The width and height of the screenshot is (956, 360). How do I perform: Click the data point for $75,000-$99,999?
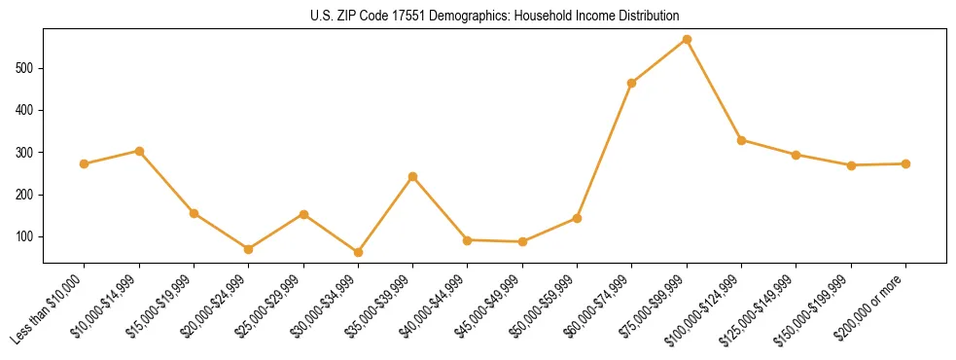[687, 40]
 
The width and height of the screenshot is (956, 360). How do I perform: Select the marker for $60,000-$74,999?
[632, 83]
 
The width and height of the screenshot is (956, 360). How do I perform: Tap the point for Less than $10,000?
[84, 163]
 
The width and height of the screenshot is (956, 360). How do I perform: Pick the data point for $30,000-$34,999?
[358, 252]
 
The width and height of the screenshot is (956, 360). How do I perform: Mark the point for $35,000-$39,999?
[412, 176]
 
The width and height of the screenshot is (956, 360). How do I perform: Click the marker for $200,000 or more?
[905, 163]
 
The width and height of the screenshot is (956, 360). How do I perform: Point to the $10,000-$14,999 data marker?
[139, 151]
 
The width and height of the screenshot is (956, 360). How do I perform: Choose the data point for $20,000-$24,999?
[248, 249]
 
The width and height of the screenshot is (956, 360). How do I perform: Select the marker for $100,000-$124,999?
[741, 140]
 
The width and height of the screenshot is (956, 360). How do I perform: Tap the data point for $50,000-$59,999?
[577, 218]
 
